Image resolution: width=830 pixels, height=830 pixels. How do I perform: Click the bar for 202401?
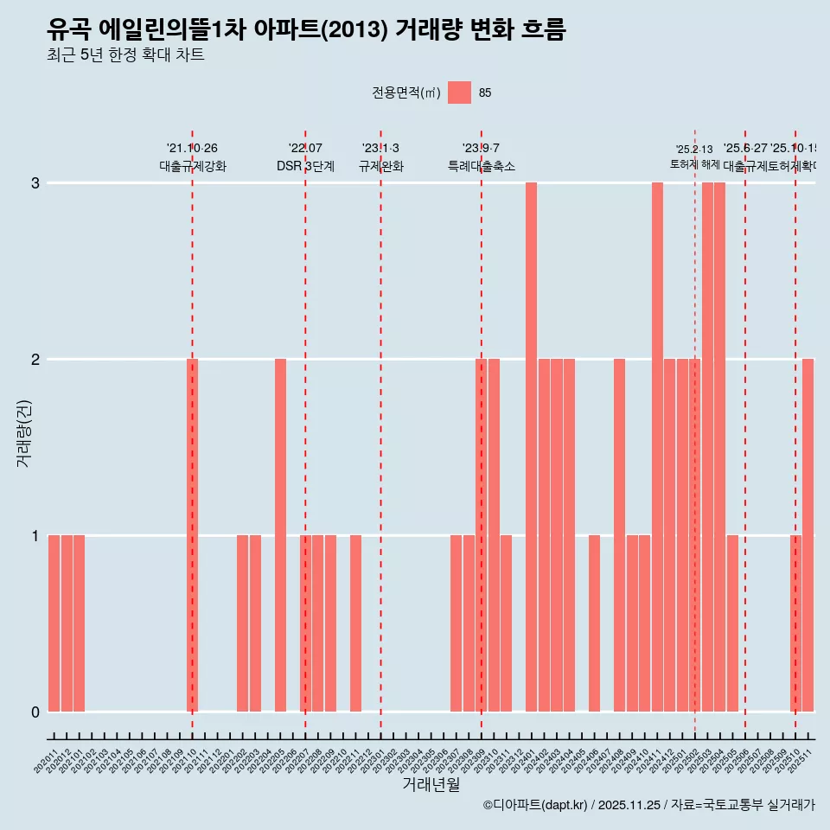(531, 447)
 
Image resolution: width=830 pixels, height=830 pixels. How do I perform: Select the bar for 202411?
(657, 447)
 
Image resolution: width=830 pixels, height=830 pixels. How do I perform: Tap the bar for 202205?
(280, 535)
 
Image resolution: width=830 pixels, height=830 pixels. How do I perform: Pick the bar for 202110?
(193, 535)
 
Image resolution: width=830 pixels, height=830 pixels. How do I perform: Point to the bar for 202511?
(808, 535)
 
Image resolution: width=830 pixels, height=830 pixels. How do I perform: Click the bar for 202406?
(594, 623)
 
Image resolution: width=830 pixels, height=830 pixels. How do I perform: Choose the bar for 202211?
(355, 623)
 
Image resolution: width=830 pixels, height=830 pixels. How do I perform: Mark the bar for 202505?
(732, 623)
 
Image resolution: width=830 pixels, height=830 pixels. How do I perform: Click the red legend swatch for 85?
(459, 93)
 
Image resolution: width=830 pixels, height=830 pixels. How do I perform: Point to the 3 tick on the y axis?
(35, 183)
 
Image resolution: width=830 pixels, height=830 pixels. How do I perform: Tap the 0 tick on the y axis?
(35, 712)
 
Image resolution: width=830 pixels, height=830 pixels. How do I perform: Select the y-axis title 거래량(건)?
(24, 433)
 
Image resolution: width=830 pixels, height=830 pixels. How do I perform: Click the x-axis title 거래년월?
(431, 784)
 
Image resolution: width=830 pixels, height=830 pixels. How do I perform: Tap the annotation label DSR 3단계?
(305, 166)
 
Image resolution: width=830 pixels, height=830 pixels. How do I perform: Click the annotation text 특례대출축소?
(481, 166)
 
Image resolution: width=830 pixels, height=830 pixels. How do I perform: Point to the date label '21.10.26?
(192, 149)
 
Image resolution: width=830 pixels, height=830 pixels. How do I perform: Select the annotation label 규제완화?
(380, 166)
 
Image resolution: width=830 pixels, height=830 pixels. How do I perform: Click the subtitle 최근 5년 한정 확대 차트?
(125, 55)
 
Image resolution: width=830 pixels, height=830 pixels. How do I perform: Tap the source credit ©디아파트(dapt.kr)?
(536, 805)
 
